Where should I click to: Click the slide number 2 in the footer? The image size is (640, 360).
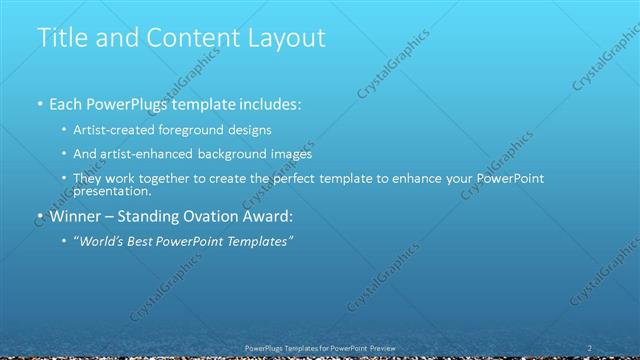[x=590, y=347]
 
